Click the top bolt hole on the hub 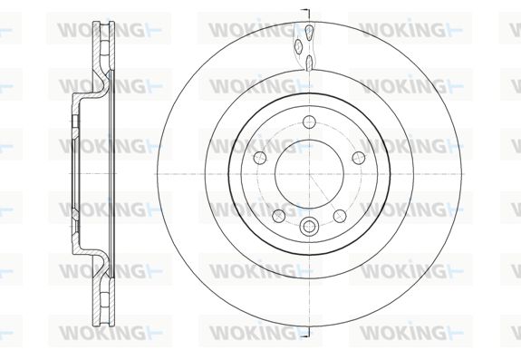click(x=309, y=122)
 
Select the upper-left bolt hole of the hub click(x=260, y=158)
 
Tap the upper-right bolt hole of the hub click(x=359, y=158)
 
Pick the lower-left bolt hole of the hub click(x=279, y=216)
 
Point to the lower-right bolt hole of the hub click(x=340, y=216)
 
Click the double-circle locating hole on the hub click(x=309, y=227)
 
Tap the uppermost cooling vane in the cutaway click(x=309, y=33)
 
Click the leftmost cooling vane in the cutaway click(x=298, y=46)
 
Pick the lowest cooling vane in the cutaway click(x=309, y=63)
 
